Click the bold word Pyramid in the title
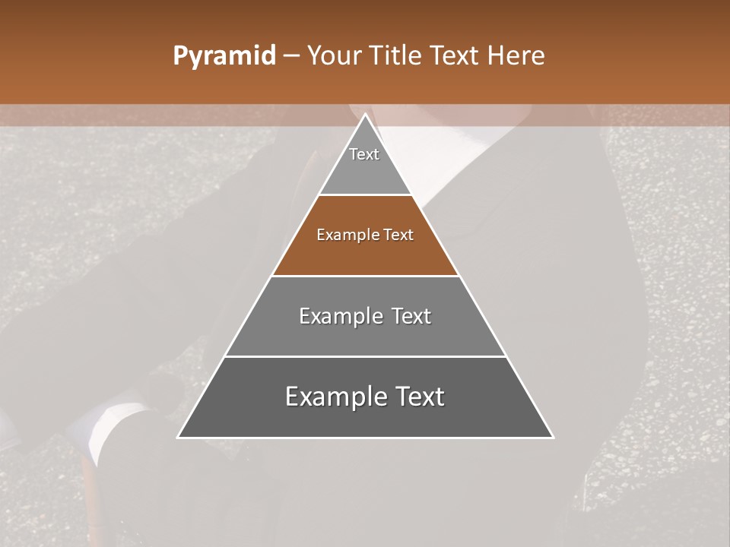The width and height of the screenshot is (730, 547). coord(224,56)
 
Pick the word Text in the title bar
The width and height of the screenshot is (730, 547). coord(459,56)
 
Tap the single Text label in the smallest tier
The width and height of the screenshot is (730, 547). coord(364,154)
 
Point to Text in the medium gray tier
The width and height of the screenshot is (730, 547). coord(411,316)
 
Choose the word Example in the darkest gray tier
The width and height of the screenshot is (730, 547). coord(334,397)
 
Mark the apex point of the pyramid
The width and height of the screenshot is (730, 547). coord(365,115)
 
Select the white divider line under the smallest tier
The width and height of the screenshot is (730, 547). coord(365,195)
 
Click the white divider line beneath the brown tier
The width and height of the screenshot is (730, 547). coord(365,276)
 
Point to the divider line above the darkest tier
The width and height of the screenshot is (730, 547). coord(365,356)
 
